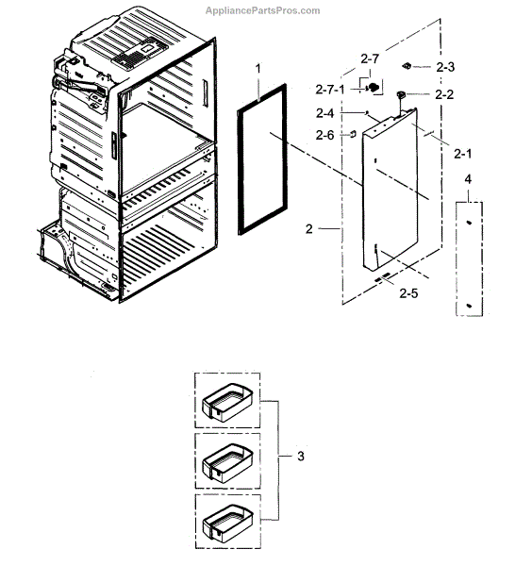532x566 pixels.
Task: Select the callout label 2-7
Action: (x=370, y=58)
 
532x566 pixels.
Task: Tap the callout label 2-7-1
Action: (x=331, y=88)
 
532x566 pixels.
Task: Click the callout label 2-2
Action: (x=442, y=95)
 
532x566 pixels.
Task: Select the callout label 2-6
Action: (x=325, y=135)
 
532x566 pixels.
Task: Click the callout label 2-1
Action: (x=462, y=153)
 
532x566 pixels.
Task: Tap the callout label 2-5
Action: (x=407, y=294)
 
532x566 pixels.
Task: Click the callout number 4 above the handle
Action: (x=467, y=178)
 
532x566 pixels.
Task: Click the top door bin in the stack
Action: (x=227, y=401)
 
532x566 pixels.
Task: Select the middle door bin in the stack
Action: (x=227, y=462)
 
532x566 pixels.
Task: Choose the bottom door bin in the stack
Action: (x=227, y=522)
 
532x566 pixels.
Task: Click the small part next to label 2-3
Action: (x=408, y=66)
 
